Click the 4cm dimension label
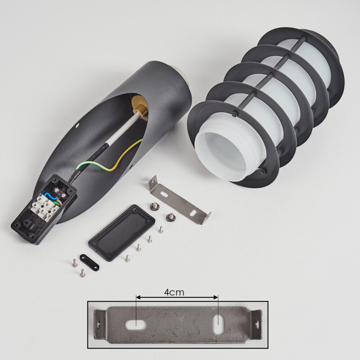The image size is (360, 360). (x=174, y=292)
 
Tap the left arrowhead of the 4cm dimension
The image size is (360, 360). (x=138, y=298)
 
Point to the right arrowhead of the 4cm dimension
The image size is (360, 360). (x=216, y=298)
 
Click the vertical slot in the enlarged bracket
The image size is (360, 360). (x=218, y=324)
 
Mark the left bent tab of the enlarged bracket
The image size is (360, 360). (x=99, y=324)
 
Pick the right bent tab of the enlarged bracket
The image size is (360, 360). (x=256, y=324)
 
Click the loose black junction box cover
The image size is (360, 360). (x=122, y=233)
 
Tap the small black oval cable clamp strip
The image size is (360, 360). (x=90, y=262)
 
